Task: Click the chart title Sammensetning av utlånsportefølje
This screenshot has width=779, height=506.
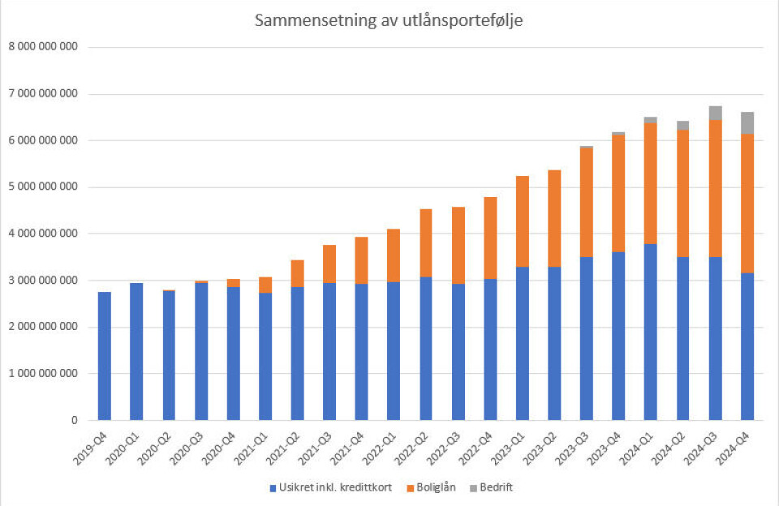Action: (389, 21)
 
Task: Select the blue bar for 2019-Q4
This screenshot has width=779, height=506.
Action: (105, 356)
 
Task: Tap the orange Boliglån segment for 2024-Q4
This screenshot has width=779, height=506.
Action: (747, 204)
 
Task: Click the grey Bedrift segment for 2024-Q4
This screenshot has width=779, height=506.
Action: (747, 123)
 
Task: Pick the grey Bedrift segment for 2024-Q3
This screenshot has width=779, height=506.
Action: (715, 113)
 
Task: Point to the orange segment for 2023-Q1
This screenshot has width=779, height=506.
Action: (522, 221)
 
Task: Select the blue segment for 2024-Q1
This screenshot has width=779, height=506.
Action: (651, 332)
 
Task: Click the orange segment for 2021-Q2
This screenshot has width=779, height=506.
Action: (298, 273)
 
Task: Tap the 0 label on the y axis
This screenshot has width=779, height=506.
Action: (73, 421)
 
